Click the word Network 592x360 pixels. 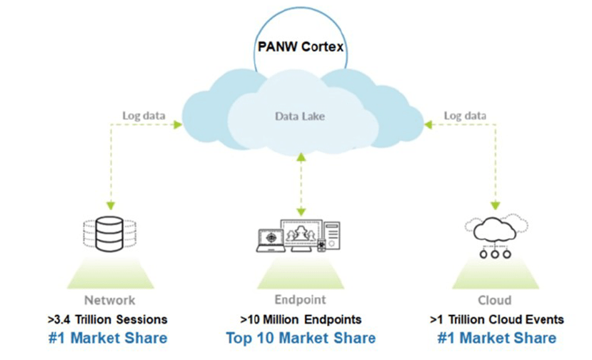pyautogui.click(x=109, y=300)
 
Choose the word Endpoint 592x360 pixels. pyautogui.click(x=301, y=300)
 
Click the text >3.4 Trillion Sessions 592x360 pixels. pyautogui.click(x=109, y=319)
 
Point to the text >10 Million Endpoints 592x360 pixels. pyautogui.click(x=301, y=319)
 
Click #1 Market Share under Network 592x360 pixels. pyautogui.click(x=109, y=337)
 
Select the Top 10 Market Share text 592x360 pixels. pyautogui.click(x=301, y=337)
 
